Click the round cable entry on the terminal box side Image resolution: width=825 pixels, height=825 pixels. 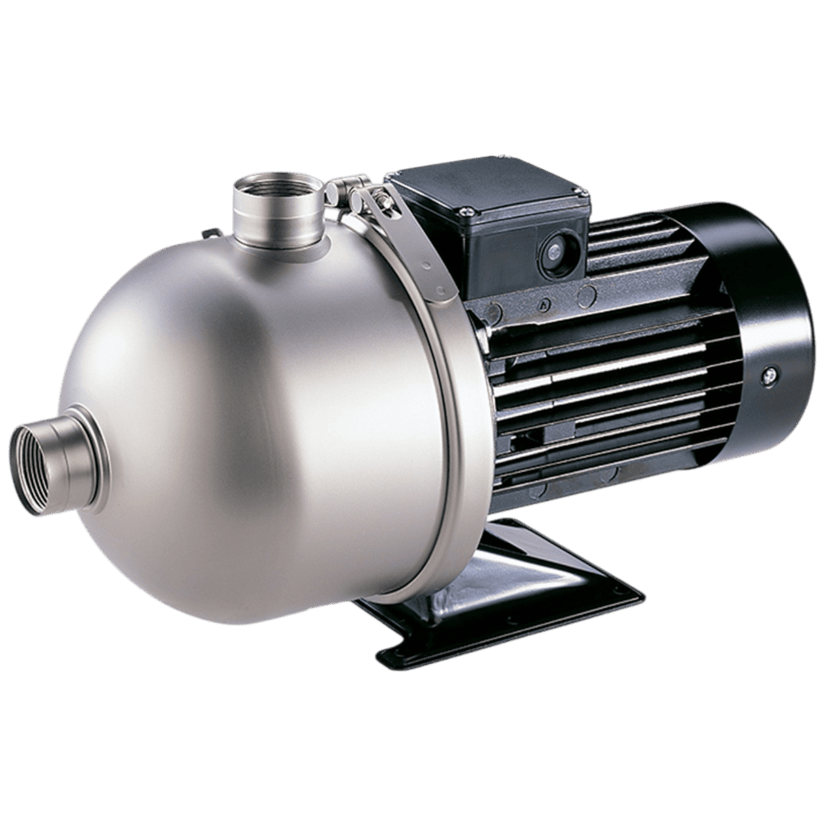click(x=551, y=251)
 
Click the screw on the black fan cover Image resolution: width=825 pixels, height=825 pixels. click(x=770, y=375)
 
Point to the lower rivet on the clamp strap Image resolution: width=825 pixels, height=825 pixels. click(x=441, y=290)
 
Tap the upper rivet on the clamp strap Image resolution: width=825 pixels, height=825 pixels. click(x=424, y=265)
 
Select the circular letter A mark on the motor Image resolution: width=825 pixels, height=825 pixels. click(x=544, y=304)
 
